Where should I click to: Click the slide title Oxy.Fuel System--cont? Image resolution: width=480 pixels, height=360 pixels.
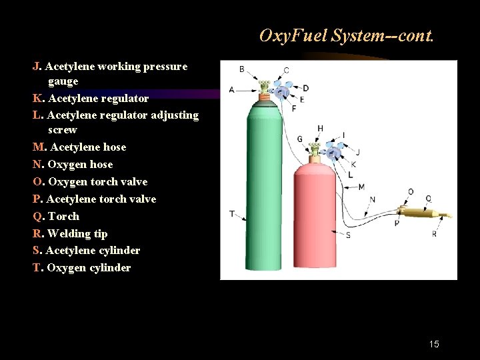point(346,35)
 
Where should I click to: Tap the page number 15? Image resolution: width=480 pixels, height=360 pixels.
point(434,344)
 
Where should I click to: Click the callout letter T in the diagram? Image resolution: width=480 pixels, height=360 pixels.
point(231,213)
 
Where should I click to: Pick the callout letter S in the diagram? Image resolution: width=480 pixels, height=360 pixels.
point(348,235)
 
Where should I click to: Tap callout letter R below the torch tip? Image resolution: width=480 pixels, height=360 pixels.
point(434,234)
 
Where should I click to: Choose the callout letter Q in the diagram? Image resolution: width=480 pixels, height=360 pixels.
point(428,198)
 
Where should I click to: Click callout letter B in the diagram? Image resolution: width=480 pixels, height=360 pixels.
point(241,69)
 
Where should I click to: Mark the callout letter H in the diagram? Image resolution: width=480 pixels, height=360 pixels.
point(320,129)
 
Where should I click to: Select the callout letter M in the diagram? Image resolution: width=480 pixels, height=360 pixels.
point(361,187)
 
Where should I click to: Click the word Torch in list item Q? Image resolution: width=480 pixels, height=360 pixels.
point(63,216)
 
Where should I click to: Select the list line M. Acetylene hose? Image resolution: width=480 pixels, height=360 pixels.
point(79,147)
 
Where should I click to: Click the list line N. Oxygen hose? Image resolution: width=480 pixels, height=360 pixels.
point(73,164)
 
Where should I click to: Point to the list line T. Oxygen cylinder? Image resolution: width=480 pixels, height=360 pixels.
point(81,267)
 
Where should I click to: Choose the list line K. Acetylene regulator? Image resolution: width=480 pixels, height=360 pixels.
point(91,98)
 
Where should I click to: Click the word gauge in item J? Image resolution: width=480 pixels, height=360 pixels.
point(63,81)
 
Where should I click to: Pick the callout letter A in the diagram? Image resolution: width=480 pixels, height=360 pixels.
point(231,89)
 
